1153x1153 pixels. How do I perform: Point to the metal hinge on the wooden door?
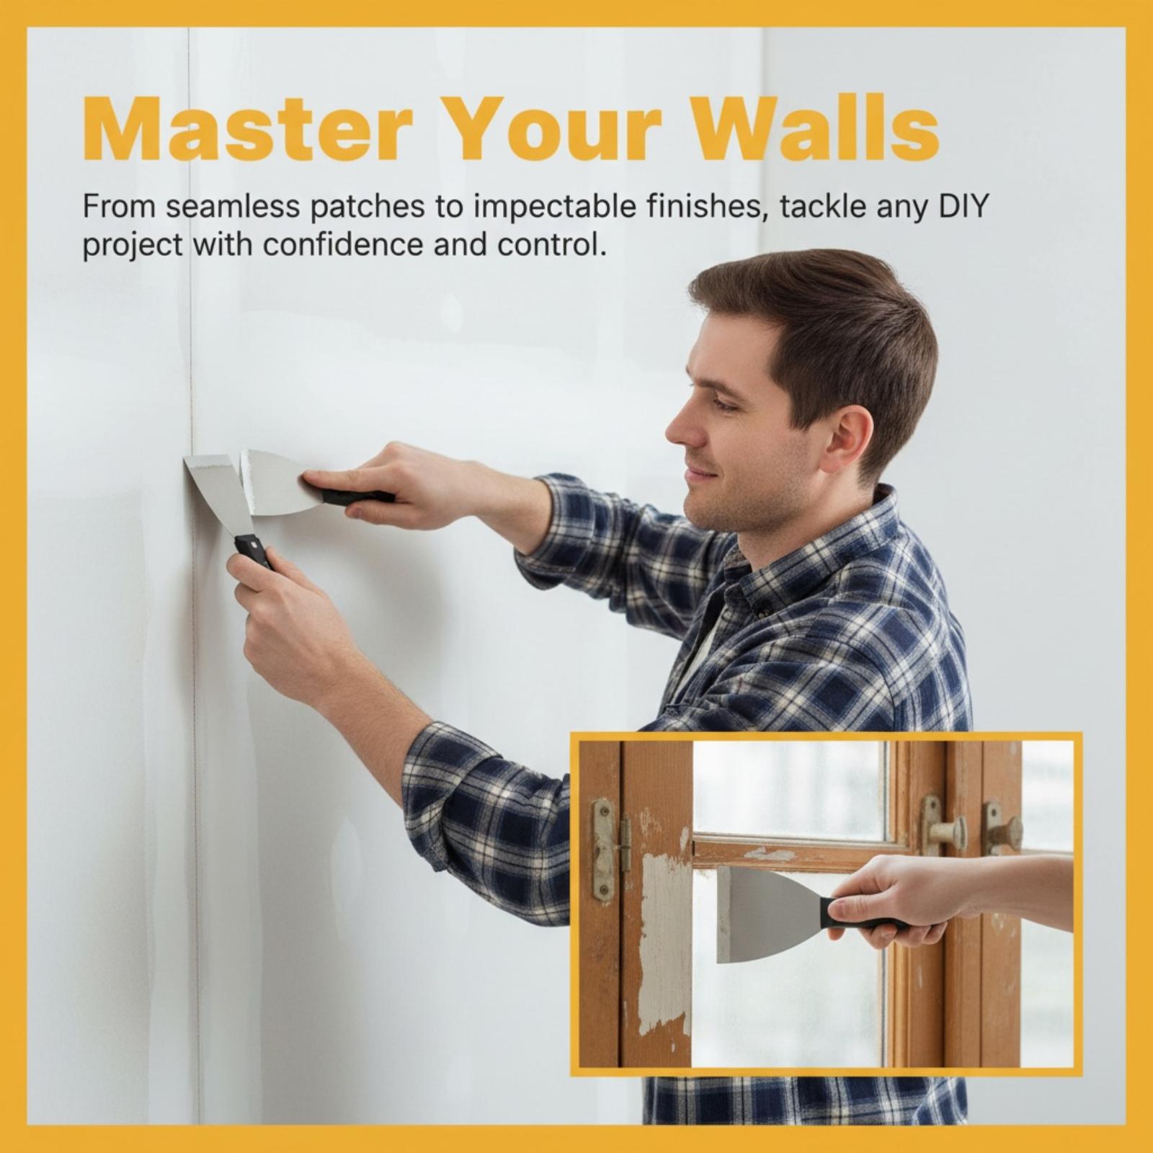(x=607, y=850)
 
